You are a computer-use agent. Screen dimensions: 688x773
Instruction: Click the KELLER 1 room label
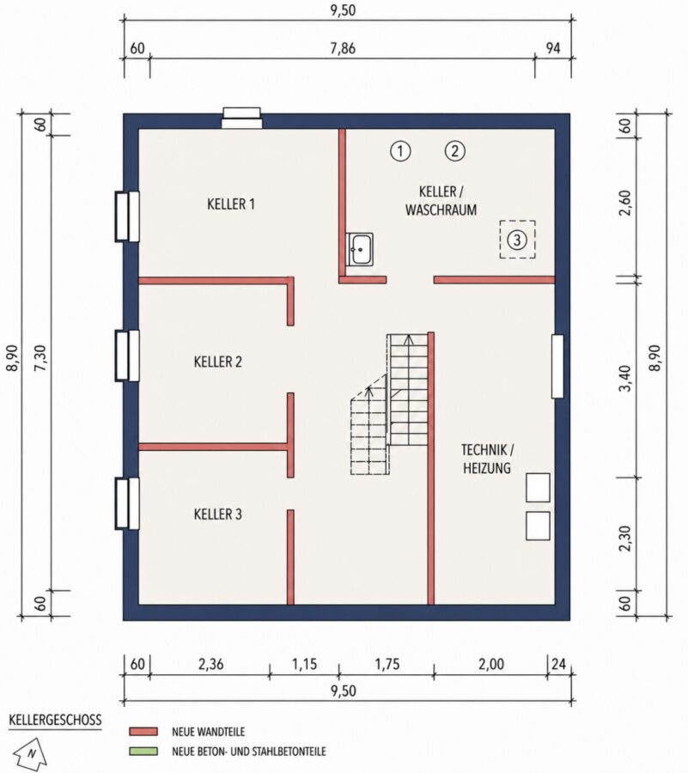(x=231, y=204)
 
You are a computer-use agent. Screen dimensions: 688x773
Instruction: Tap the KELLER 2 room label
(x=218, y=362)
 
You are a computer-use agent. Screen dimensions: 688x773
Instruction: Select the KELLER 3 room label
(x=218, y=514)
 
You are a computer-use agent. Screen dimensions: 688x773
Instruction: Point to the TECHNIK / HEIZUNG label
(x=487, y=459)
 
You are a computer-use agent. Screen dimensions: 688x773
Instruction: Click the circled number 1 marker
(x=400, y=151)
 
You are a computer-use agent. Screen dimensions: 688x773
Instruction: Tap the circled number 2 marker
(x=455, y=151)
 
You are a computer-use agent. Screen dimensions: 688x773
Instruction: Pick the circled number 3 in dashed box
(x=517, y=240)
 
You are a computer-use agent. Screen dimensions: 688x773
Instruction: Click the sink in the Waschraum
(x=360, y=249)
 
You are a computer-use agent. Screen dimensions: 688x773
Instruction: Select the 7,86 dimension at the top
(x=343, y=48)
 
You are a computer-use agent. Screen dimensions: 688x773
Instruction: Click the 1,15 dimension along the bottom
(x=304, y=664)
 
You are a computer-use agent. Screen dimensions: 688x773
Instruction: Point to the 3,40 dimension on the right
(x=625, y=378)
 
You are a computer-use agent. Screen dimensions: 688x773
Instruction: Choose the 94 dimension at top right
(x=553, y=48)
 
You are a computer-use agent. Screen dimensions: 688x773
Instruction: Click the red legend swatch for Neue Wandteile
(x=143, y=731)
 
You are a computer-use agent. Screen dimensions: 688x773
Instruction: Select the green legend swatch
(x=143, y=752)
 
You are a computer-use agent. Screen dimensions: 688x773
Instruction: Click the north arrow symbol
(x=29, y=753)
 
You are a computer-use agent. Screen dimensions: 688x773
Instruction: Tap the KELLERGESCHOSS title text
(x=55, y=720)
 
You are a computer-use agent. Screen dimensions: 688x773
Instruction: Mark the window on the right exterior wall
(x=557, y=366)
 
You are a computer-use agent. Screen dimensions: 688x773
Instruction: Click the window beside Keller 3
(x=127, y=503)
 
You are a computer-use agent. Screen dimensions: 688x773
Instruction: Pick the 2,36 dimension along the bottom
(x=211, y=664)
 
